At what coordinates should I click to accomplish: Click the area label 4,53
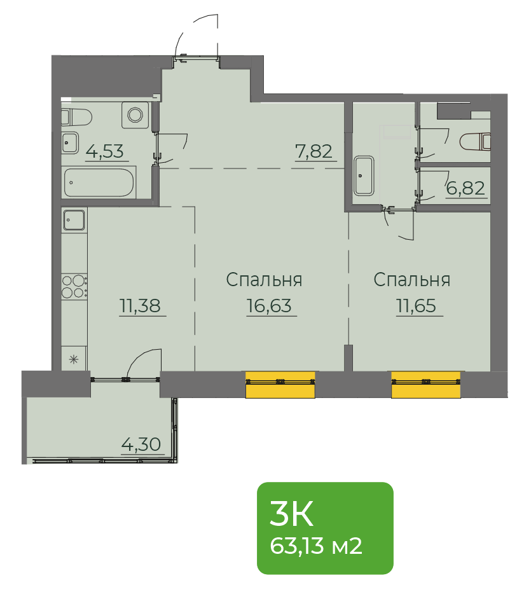click(105, 151)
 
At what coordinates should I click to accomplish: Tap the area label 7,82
click(314, 151)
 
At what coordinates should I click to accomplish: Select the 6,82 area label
click(465, 188)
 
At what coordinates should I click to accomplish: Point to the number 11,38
click(140, 306)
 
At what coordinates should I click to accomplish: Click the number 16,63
click(269, 306)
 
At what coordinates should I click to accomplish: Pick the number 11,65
click(416, 306)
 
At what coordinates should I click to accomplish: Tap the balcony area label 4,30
click(141, 444)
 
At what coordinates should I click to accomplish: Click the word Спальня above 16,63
click(264, 280)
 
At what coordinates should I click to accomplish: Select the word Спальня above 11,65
click(412, 280)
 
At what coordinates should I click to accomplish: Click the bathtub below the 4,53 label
click(99, 182)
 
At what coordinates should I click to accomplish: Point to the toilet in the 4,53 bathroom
click(76, 117)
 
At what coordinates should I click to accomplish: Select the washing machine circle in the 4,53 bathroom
click(135, 114)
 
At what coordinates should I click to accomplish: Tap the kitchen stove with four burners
click(74, 287)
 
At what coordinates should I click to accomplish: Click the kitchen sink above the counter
click(74, 220)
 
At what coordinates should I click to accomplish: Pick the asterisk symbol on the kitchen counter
click(74, 359)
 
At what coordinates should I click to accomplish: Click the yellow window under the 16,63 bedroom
click(280, 385)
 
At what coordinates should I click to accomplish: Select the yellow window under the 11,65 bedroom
click(426, 385)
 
